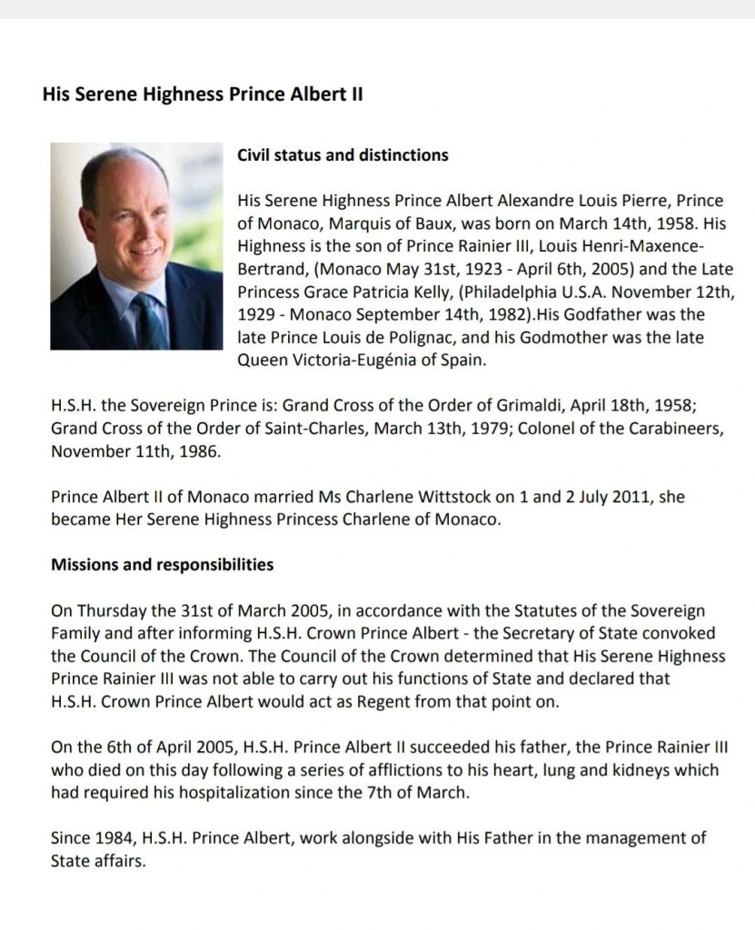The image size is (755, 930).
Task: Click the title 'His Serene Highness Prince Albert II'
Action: point(204,94)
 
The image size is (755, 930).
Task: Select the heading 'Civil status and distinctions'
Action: point(343,155)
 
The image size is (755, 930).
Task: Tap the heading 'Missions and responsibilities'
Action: point(163,565)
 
